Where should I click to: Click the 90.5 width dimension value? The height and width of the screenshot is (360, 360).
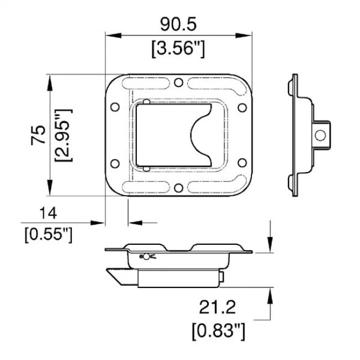pos(178,24)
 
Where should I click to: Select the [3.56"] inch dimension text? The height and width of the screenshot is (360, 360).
pos(178,49)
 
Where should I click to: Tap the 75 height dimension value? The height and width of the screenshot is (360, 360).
pos(38,135)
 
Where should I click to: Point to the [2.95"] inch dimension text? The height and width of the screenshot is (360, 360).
pos(63,136)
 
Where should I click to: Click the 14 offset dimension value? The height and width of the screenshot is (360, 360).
pos(48,213)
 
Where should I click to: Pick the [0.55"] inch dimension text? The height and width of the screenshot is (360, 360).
pos(48,234)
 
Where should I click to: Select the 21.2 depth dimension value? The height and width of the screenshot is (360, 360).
pos(217,307)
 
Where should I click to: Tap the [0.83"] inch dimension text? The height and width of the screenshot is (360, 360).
pos(218,331)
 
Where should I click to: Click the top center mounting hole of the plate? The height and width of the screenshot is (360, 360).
pos(178,83)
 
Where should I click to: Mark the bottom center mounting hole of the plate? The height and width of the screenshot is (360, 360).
pos(178,188)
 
